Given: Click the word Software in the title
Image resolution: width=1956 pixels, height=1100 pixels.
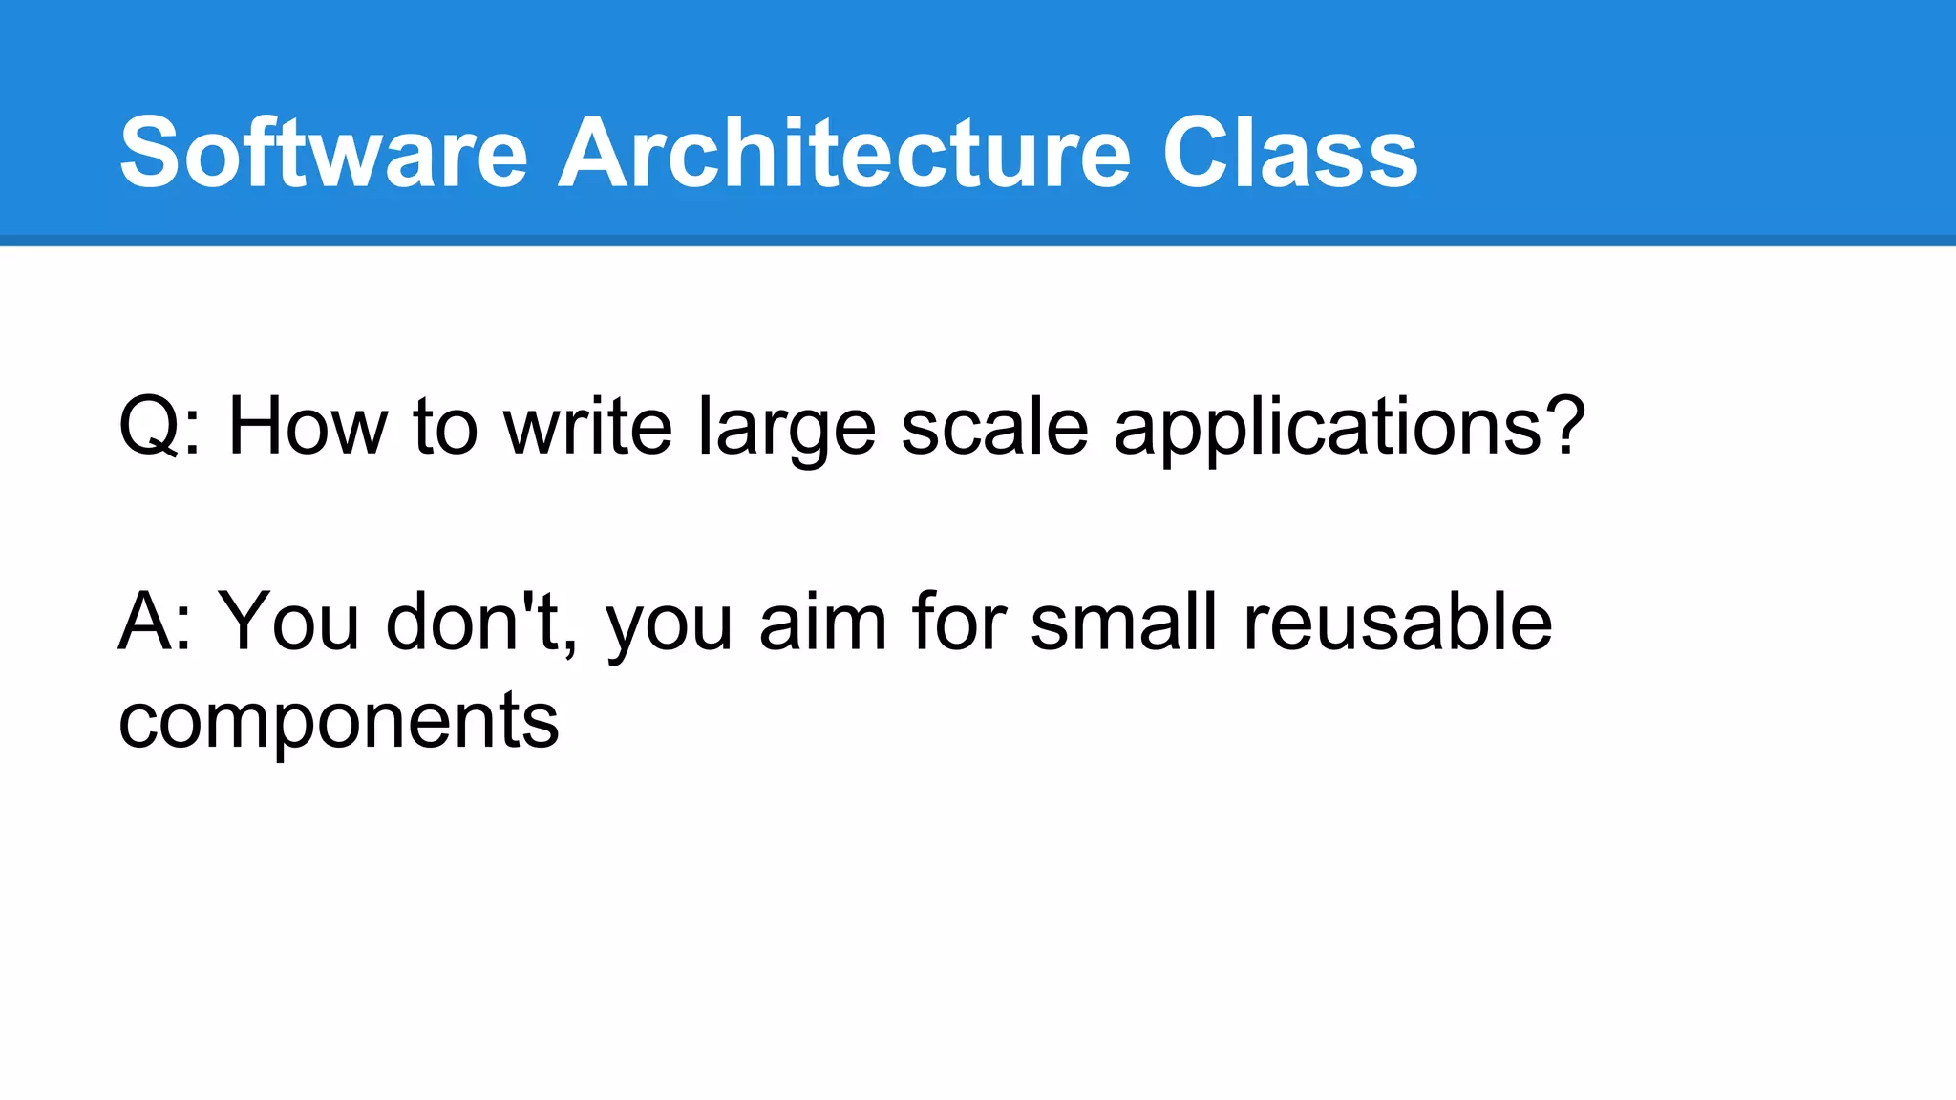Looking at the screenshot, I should pos(323,153).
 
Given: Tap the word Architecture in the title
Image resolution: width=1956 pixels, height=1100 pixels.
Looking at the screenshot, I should pos(844,153).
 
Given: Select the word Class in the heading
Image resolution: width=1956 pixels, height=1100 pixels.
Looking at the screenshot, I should pos(1289,153).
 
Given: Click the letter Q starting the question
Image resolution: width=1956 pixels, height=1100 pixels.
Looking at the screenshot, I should pos(148,427).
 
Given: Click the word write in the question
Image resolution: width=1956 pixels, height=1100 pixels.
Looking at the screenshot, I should pos(587,427).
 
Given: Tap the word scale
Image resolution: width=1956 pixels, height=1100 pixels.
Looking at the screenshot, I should pos(994,427).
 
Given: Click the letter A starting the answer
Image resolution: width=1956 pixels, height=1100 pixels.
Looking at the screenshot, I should pos(144,623).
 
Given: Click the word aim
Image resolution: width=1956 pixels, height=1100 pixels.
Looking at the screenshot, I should pos(822,623).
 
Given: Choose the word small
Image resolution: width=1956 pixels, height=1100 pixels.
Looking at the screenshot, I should pos(1123,623).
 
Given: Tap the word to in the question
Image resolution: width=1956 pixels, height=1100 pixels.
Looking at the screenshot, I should pos(445,427).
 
